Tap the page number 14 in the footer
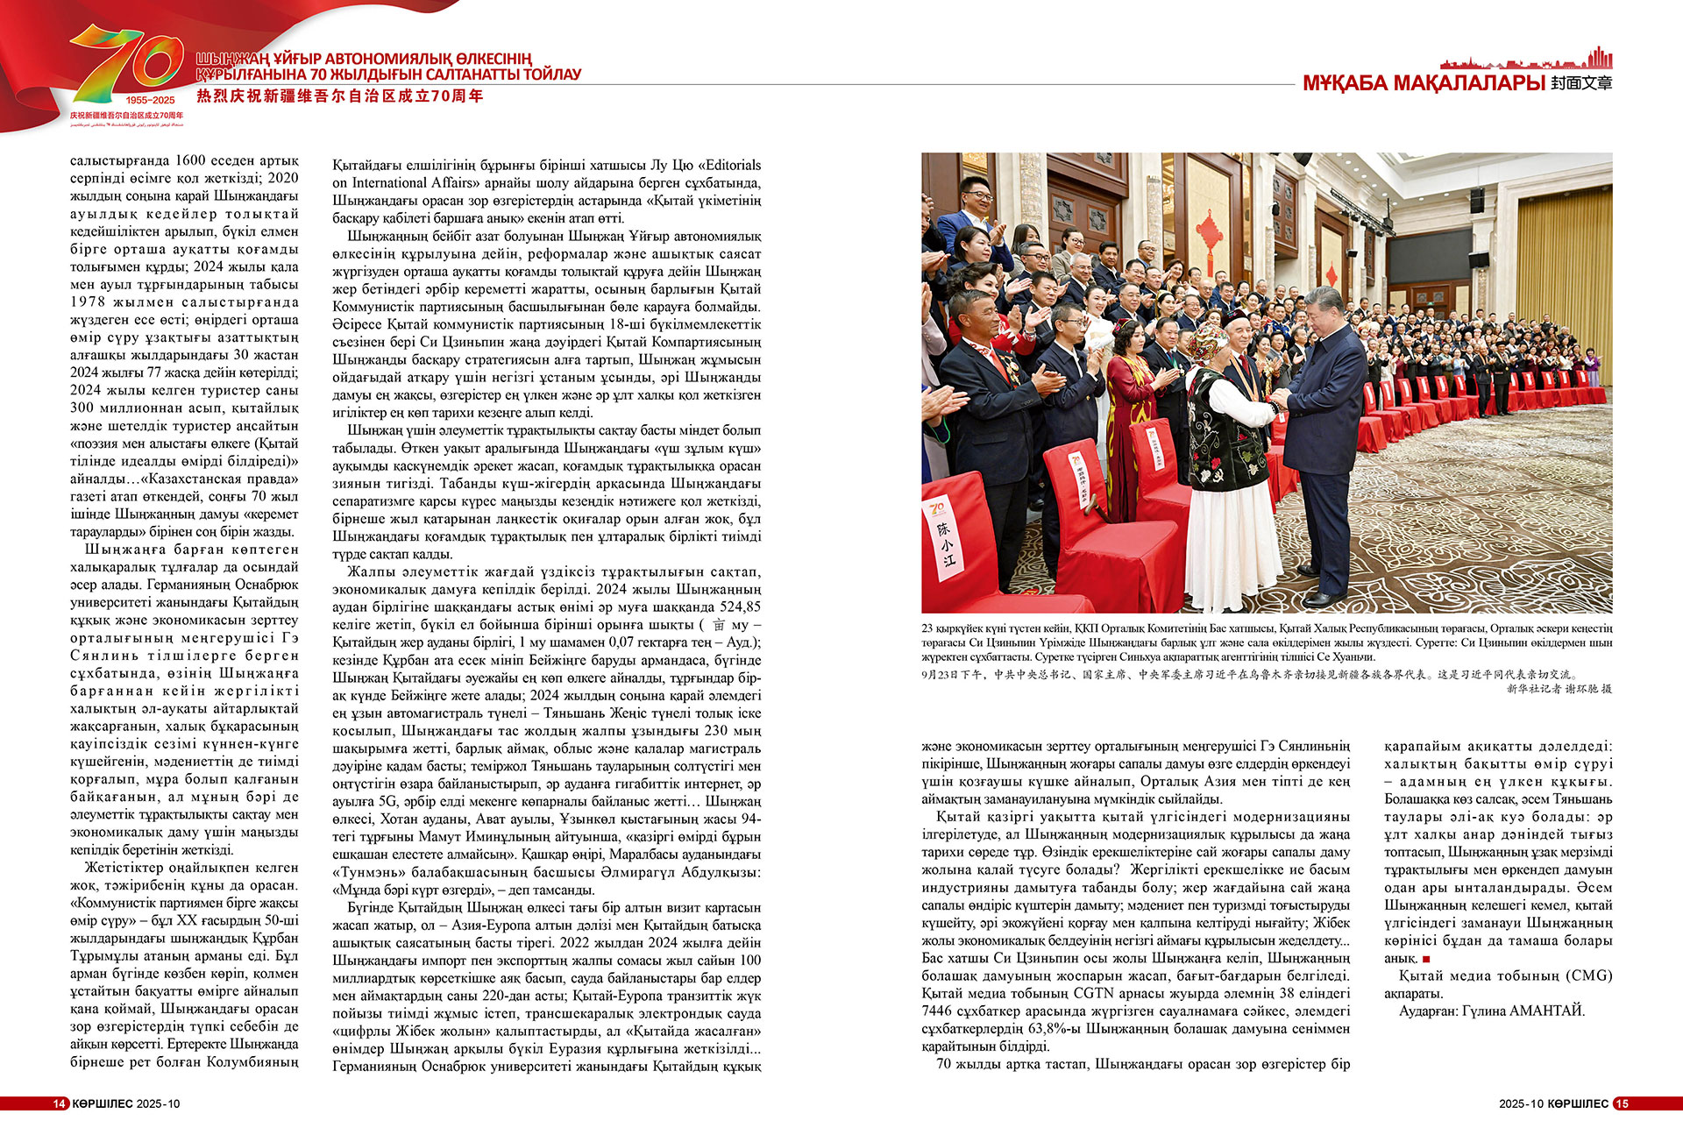click(59, 1103)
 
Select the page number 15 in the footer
click(1622, 1103)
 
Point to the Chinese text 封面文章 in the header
click(1580, 84)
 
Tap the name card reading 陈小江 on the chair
click(946, 543)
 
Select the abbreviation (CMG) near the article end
click(1589, 975)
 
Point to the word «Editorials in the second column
click(728, 165)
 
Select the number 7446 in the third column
click(936, 1011)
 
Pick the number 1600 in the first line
click(190, 160)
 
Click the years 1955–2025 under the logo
click(150, 100)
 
